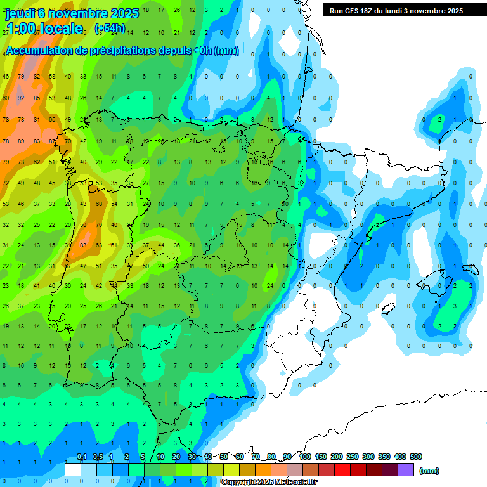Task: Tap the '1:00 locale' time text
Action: (44, 29)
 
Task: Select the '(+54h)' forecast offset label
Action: (109, 29)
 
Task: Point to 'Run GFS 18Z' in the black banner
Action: (354, 11)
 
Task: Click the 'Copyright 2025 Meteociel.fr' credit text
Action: (269, 483)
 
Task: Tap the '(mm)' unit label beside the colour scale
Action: (429, 471)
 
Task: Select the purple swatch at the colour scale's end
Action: (406, 470)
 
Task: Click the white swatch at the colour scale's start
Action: (73, 470)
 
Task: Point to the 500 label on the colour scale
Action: (416, 457)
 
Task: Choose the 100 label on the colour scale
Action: (304, 457)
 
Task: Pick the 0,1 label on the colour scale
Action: (82, 457)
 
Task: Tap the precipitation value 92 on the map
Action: (21, 98)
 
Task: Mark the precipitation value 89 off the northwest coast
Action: (21, 141)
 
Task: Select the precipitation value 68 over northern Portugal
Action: (98, 204)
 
